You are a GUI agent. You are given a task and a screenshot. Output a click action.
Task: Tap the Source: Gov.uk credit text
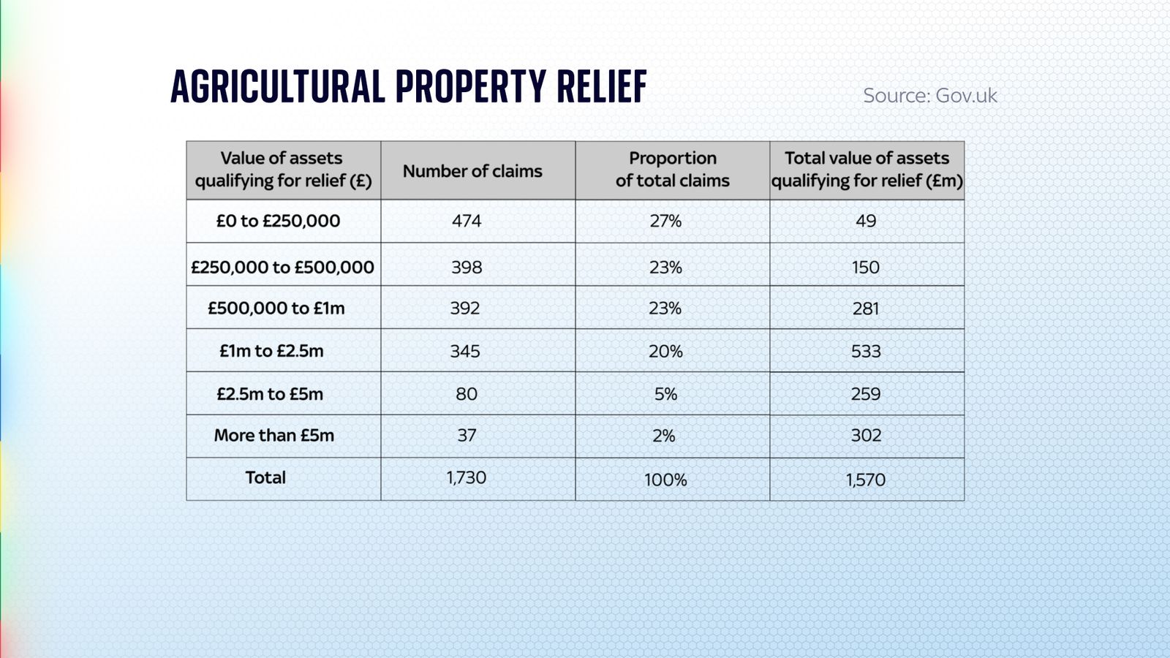click(x=929, y=96)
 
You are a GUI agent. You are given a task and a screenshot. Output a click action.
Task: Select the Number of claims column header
click(x=472, y=171)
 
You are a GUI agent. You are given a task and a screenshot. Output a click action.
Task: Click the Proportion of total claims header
click(x=672, y=170)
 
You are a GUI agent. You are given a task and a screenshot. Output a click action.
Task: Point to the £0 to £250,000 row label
click(x=278, y=221)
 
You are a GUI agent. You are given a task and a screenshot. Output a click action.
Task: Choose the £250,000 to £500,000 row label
click(x=282, y=268)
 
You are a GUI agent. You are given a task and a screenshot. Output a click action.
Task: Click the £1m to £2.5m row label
click(x=271, y=351)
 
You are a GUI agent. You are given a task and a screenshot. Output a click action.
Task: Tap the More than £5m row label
click(x=274, y=436)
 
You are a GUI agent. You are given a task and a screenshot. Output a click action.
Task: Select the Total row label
click(x=265, y=478)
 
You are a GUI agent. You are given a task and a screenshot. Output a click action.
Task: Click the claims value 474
click(x=467, y=221)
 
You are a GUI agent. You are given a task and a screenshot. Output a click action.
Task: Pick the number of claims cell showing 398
click(x=467, y=268)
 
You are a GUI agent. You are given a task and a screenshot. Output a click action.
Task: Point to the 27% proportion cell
click(x=665, y=221)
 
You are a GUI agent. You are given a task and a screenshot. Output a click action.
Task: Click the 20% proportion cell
click(x=665, y=352)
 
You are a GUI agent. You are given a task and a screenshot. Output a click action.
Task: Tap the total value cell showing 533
click(x=866, y=352)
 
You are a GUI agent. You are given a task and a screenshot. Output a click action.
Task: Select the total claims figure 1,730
click(x=467, y=478)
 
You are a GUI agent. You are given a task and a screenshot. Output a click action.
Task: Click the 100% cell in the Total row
click(x=665, y=480)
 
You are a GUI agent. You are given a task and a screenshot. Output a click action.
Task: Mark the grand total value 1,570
click(x=866, y=480)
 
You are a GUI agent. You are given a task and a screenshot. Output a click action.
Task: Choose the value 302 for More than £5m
click(x=866, y=436)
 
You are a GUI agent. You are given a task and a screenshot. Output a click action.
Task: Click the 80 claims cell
click(x=467, y=394)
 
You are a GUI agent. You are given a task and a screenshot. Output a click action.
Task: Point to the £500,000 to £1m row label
click(x=276, y=309)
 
